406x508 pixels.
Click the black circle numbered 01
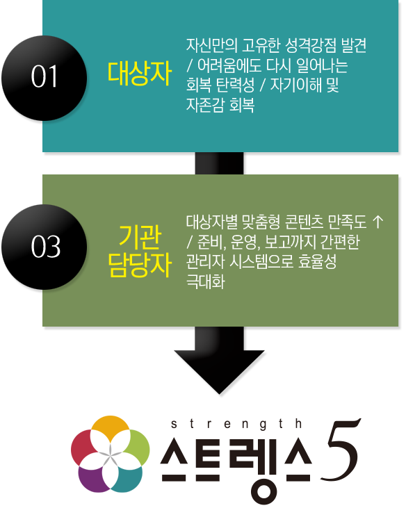tap(44, 78)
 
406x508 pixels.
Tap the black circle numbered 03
tap(44, 247)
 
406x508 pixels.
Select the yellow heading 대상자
tap(139, 74)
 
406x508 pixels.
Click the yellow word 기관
tap(139, 236)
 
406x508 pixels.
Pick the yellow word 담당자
tap(139, 265)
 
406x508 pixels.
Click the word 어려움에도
tap(229, 65)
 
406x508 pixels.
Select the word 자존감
tap(205, 106)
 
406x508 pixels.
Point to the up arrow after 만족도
tap(377, 222)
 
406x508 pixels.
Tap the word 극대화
tap(205, 282)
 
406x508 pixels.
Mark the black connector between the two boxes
tap(220, 163)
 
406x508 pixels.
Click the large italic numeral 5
tap(340, 450)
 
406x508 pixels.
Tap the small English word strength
tap(236, 424)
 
